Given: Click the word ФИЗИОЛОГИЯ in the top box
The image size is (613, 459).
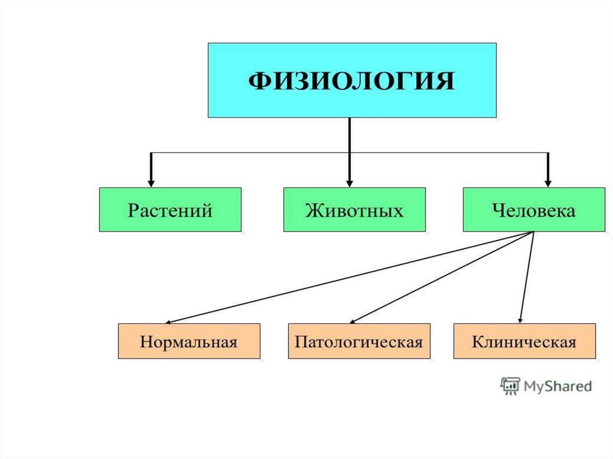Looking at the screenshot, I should point(351,81).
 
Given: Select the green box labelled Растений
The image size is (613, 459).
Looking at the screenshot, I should point(170,209).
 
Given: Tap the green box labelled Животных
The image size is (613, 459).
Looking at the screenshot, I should point(354,209).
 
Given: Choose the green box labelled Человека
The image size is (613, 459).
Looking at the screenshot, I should point(534,209).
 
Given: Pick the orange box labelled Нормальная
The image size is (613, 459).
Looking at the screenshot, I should point(189,341).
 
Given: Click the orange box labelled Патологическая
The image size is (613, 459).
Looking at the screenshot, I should point(359,341).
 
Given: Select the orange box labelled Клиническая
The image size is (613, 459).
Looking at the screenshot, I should point(524,341).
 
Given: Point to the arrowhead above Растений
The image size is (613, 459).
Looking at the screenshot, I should point(151,181).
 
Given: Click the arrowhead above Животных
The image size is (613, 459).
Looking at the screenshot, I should point(350,181).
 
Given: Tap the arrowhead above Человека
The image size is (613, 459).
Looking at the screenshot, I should point(548,181).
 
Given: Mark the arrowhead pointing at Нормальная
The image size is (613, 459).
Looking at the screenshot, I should point(169,322).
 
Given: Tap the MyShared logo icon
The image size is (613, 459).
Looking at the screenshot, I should point(509,385).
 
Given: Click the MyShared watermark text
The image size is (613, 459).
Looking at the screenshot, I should point(557,386).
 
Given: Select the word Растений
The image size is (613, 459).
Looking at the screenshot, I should point(170,211).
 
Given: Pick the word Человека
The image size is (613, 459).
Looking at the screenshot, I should point(534,211).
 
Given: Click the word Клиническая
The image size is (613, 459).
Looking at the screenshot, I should point(524,342).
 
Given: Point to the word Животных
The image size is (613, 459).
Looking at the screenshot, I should point(354,211).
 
